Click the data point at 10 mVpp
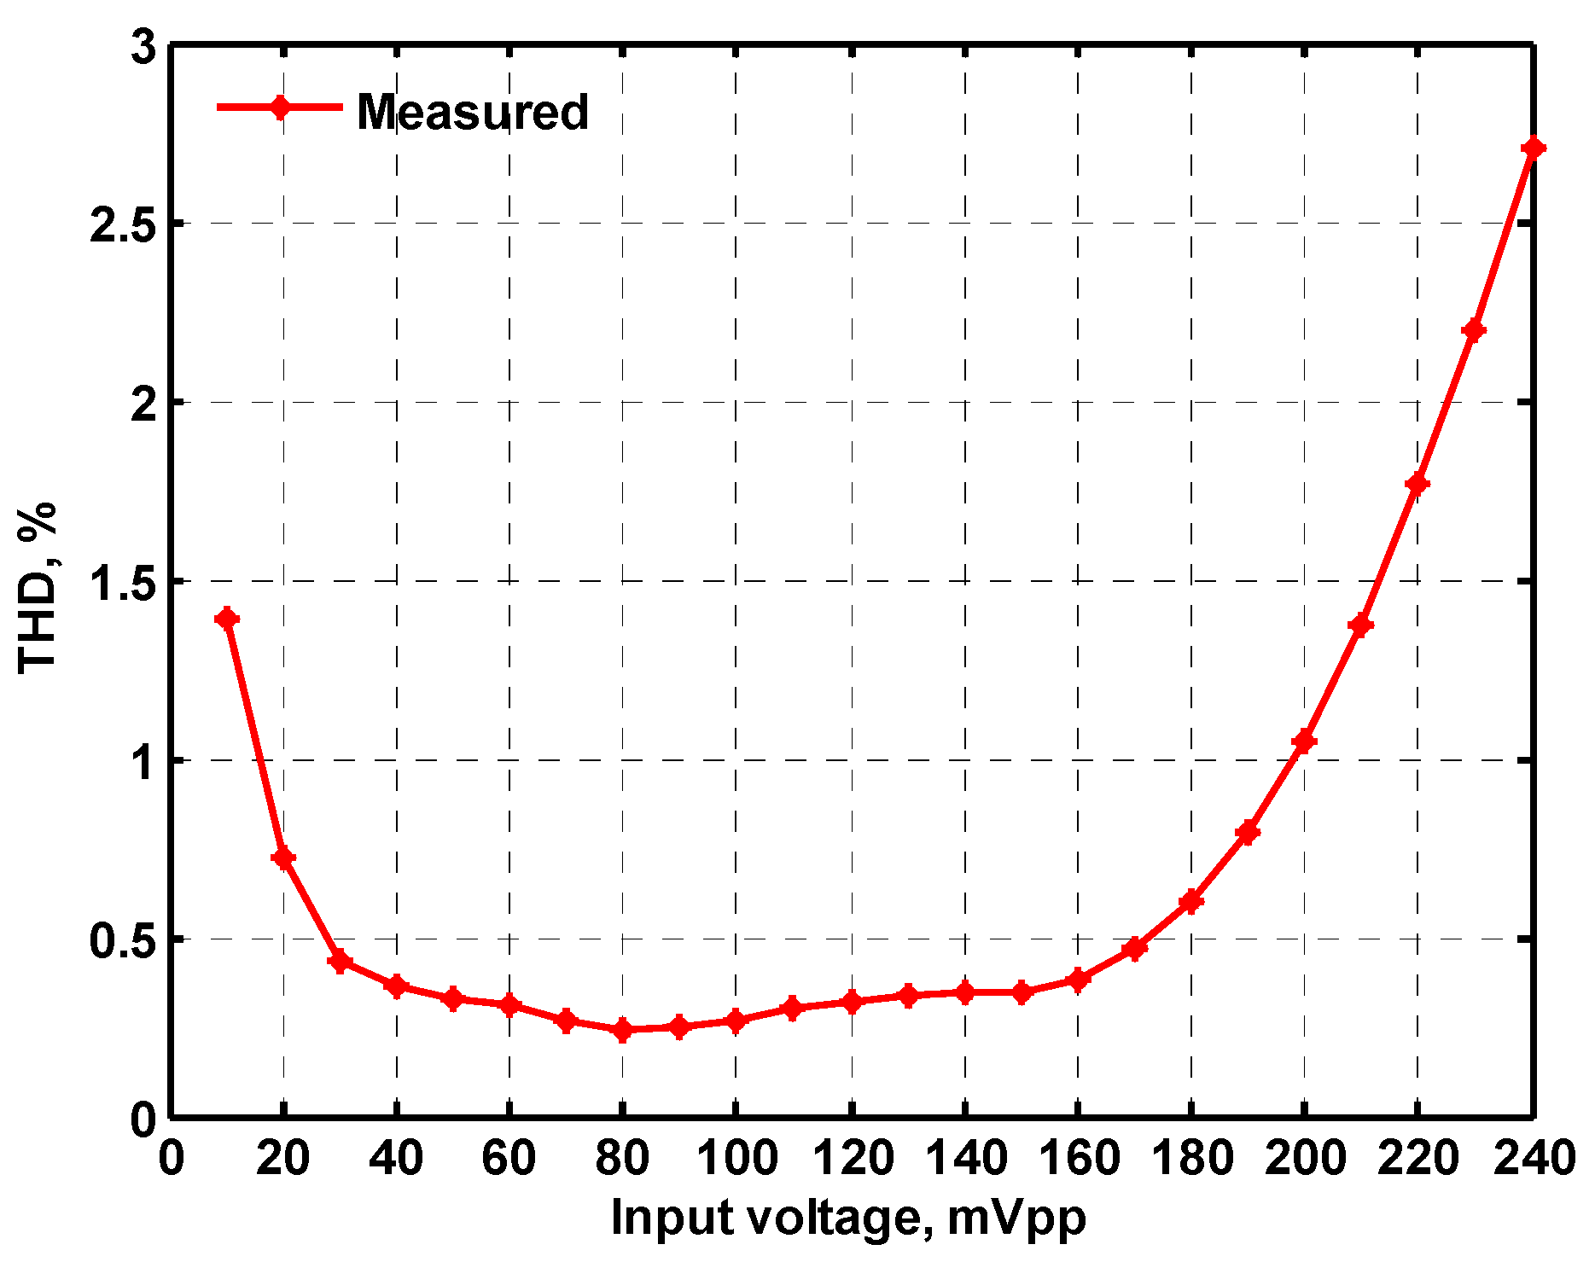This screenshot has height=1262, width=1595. pos(227,619)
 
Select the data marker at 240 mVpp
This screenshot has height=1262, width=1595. pos(1533,148)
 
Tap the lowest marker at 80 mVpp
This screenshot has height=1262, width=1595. pos(622,1030)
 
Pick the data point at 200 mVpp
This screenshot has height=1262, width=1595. pos(1304,741)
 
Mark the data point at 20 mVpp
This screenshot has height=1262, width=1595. pos(283,858)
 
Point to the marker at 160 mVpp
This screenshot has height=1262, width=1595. pos(1078,979)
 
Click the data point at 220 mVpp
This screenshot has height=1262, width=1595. pos(1417,484)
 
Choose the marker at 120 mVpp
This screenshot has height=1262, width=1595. pos(851,1001)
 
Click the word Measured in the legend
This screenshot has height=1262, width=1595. pos(473,112)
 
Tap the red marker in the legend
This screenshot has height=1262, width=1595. pos(280,108)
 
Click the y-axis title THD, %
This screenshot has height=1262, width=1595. pos(38,589)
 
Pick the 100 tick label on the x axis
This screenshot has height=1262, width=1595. pos(736,1159)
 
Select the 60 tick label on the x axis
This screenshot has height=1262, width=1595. pos(509,1159)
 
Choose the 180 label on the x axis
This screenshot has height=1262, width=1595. pos(1191,1159)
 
